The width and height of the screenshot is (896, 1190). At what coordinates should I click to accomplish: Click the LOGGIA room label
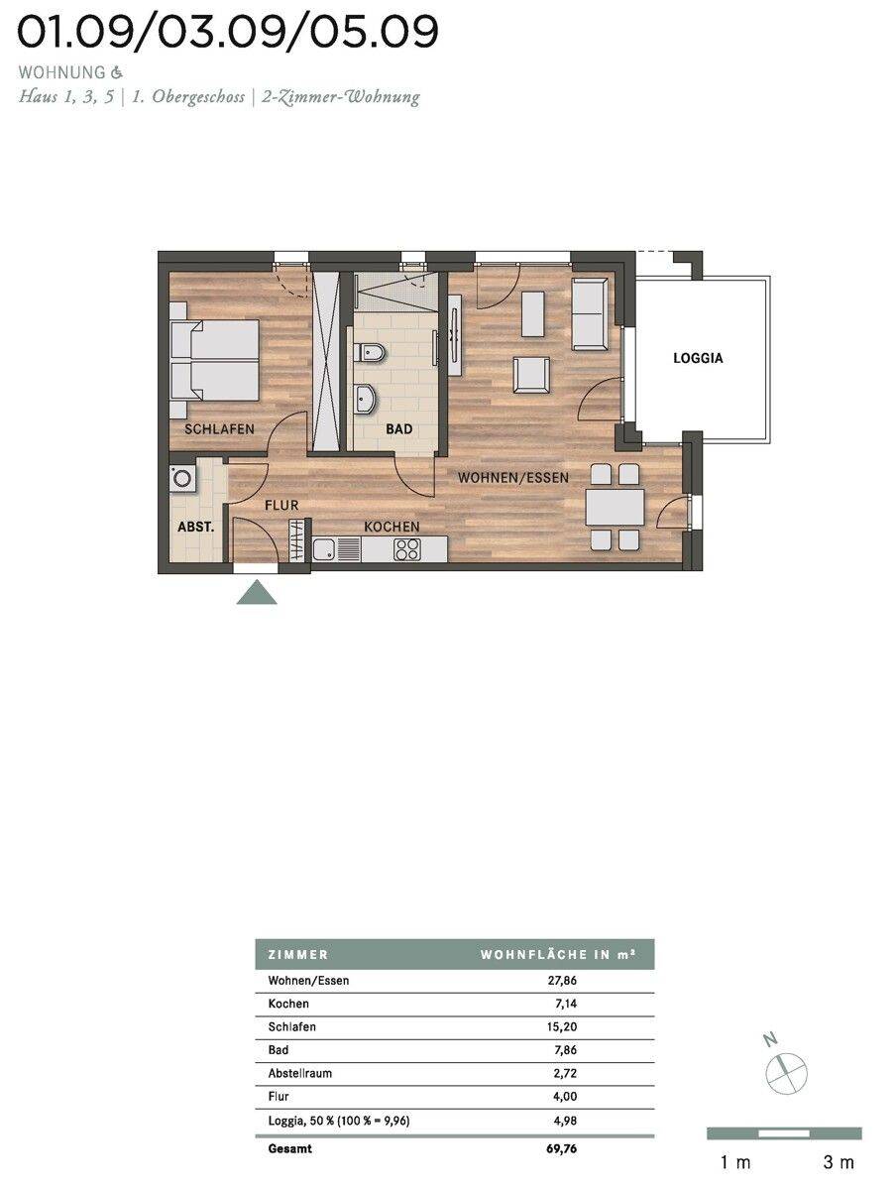[x=698, y=358]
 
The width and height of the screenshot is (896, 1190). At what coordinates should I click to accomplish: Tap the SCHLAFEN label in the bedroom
[x=219, y=429]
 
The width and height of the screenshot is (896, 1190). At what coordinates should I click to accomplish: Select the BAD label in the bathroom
[x=399, y=429]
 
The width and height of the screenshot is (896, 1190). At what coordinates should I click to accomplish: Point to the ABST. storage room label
[x=196, y=527]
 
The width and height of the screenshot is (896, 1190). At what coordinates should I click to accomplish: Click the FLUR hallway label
[x=281, y=506]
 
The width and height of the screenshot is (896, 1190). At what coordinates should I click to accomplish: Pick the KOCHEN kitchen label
[x=392, y=527]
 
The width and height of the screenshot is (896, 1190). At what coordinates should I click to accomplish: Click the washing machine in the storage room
[x=182, y=479]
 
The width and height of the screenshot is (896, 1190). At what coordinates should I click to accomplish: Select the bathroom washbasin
[x=366, y=399]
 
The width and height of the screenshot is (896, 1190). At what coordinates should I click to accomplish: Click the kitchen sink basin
[x=324, y=549]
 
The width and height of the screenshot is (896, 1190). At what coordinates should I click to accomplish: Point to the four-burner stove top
[x=407, y=549]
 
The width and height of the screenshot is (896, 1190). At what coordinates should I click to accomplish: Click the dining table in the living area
[x=615, y=507]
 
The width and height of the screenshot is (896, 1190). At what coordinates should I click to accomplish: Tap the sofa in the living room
[x=590, y=314]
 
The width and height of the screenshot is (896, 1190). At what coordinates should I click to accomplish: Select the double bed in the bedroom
[x=214, y=360]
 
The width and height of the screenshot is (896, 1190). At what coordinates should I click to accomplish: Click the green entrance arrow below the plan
[x=257, y=592]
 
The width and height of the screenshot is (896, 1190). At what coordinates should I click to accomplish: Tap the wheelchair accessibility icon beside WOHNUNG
[x=117, y=72]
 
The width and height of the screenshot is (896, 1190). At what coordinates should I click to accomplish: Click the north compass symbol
[x=786, y=1072]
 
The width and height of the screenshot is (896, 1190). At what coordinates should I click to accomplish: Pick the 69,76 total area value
[x=562, y=1148]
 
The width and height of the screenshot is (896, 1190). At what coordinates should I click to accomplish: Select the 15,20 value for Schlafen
[x=562, y=1026]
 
